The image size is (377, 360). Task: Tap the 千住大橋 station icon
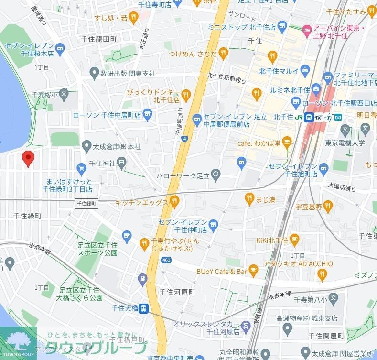pyautogui.click(x=142, y=309)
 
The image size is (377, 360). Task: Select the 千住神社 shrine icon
pyautogui.click(x=122, y=163)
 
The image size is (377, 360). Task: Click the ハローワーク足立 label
pyautogui.click(x=183, y=176)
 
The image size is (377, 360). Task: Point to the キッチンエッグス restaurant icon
pyautogui.click(x=174, y=202)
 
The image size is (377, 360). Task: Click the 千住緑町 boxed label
pyautogui.click(x=86, y=203)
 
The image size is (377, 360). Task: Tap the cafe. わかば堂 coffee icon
pyautogui.click(x=287, y=142)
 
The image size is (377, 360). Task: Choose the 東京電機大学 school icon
pyautogui.click(x=366, y=129)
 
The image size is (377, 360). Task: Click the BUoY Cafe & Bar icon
pyautogui.click(x=254, y=271)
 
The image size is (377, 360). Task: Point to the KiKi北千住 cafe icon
pyautogui.click(x=294, y=239)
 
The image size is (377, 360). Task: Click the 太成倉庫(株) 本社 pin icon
pyautogui.click(x=86, y=145)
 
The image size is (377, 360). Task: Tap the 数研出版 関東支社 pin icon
pyautogui.click(x=94, y=74)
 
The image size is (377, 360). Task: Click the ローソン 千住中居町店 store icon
pyautogui.click(x=147, y=115)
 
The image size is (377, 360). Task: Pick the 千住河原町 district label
pyautogui.click(x=177, y=292)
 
